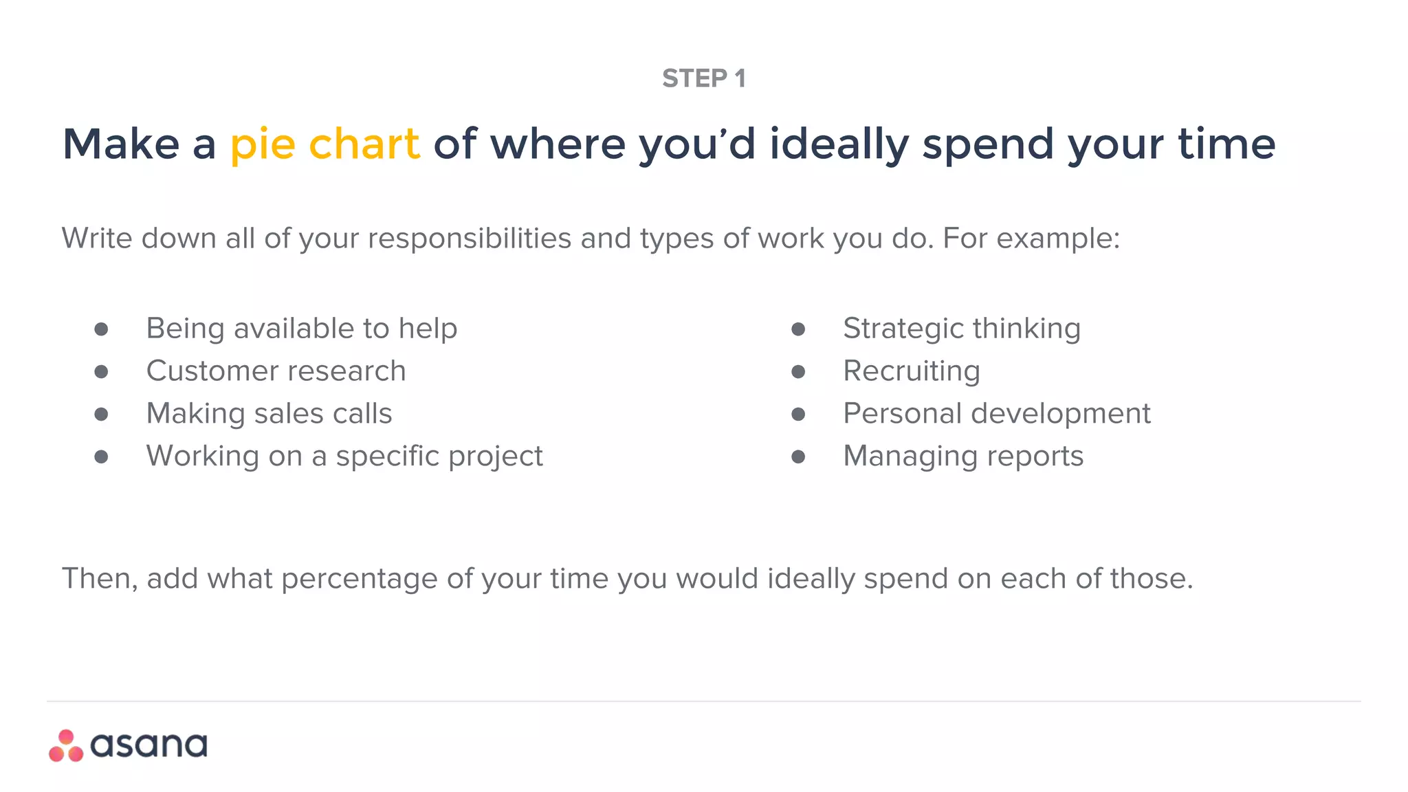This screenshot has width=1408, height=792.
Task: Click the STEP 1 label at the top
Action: [703, 78]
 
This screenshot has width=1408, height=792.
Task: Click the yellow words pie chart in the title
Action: [324, 144]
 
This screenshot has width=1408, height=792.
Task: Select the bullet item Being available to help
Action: [301, 329]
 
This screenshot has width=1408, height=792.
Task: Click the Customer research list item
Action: [276, 371]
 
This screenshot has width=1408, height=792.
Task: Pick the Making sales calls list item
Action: [269, 414]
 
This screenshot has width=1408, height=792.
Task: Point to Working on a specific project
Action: [344, 456]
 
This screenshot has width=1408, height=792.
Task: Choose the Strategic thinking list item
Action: [961, 329]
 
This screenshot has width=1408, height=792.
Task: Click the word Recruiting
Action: [911, 371]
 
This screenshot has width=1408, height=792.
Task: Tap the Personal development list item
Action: [996, 414]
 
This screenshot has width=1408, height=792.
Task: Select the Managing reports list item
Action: [962, 456]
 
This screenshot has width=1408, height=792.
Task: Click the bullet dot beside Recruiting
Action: [797, 372]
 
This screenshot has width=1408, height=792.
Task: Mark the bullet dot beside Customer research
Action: [101, 372]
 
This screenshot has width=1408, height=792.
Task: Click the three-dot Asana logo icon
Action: [66, 746]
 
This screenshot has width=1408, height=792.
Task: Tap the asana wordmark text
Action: [148, 746]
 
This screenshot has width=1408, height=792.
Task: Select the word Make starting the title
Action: [121, 144]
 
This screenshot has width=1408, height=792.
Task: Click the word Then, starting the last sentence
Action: [100, 579]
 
